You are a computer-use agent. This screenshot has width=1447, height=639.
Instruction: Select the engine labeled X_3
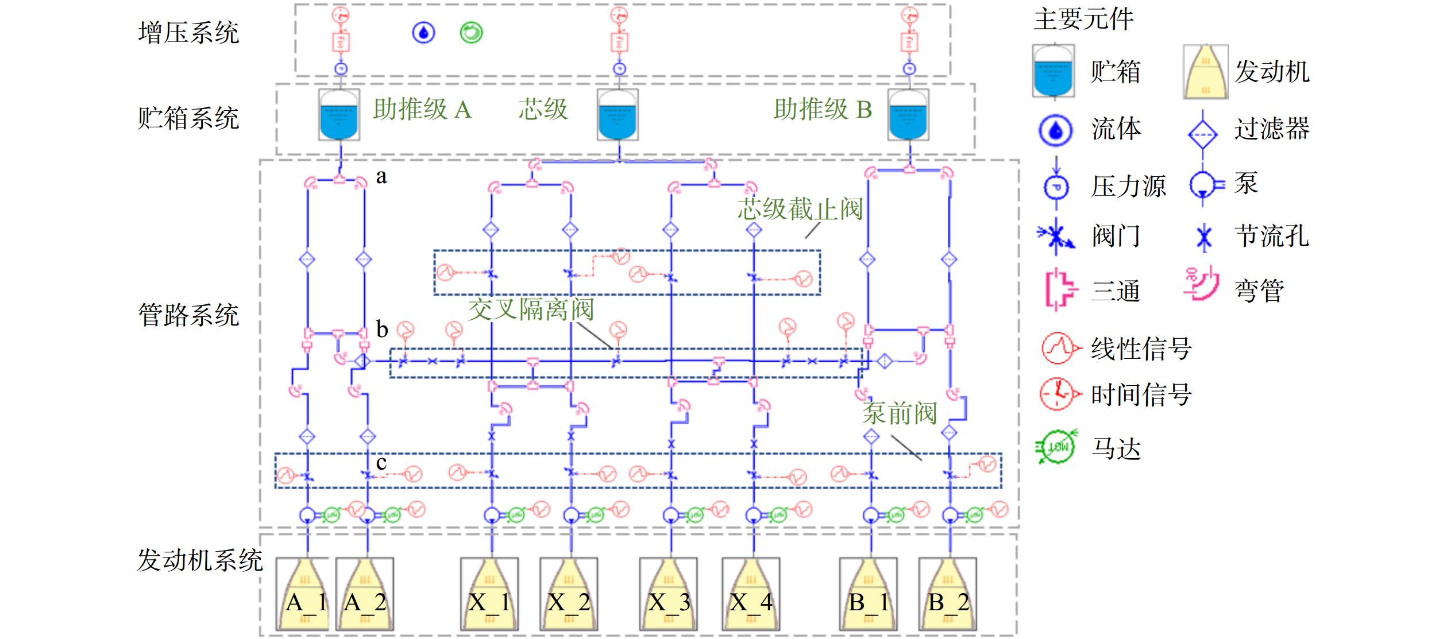coord(669,594)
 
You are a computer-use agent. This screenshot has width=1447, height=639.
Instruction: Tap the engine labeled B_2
coord(948,594)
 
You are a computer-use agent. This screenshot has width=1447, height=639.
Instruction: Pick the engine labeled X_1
coord(489,594)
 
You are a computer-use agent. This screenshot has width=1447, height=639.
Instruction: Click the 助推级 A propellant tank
coord(339,114)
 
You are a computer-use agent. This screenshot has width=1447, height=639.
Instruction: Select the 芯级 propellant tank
coord(618,114)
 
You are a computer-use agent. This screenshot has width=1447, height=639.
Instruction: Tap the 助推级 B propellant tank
coord(908,114)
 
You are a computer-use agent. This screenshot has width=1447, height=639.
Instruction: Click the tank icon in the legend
coord(1054,71)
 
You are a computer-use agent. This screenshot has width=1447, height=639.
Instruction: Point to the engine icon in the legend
coord(1206,72)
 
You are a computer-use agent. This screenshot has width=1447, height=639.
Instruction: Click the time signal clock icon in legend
coord(1057,394)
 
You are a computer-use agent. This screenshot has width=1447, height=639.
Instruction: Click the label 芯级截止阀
coord(800,209)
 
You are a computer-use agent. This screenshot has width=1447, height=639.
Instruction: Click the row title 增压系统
coord(188,32)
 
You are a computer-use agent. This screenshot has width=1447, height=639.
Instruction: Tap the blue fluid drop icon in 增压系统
coord(424,32)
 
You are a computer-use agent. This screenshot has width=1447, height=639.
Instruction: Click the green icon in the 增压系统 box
coord(471,32)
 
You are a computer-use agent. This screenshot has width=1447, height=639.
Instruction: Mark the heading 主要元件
coord(1083,19)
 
